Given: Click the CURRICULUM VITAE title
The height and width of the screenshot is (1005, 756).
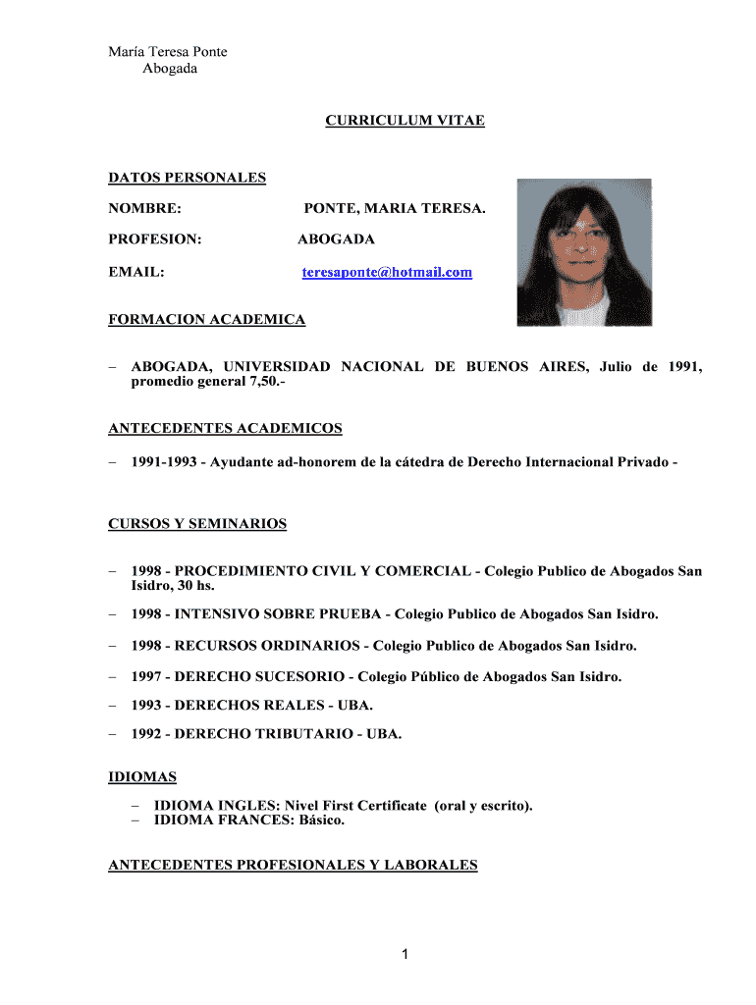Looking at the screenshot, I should pos(405,121).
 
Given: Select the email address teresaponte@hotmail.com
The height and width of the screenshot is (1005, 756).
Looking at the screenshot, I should pos(386,272).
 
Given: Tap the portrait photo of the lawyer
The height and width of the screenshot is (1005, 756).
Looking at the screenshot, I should pos(584,252).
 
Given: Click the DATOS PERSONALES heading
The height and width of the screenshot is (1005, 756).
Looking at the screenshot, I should pos(187,178).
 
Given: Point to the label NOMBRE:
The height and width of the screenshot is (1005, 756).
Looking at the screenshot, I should pos(144,209).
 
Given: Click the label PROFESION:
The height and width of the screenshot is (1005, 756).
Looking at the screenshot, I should pos(154,238).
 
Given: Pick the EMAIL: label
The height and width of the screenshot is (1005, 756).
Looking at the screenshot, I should pos(135,272).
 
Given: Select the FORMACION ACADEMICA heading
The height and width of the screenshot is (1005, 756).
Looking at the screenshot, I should pos(206,319).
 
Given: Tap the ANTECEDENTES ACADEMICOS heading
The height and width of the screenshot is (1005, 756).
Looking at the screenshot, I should pos(225,428).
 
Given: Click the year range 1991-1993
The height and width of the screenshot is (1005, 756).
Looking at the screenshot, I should pos(162,461).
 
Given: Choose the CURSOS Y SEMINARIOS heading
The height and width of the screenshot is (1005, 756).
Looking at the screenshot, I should pos(197,523).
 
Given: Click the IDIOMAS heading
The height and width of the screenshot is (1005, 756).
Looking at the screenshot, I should pos(142,777).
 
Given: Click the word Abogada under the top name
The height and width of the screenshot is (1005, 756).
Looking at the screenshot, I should pos(170,69).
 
